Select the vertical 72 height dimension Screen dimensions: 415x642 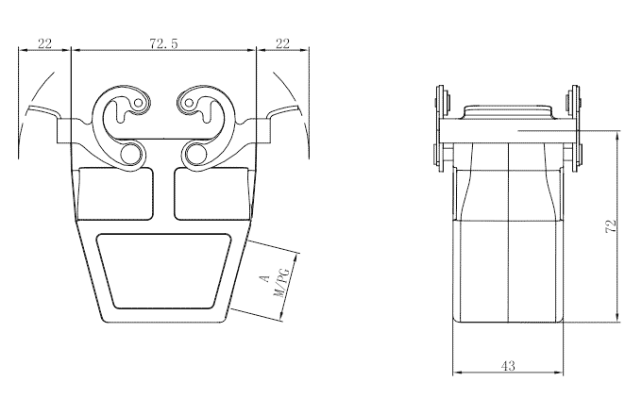[x=611, y=225]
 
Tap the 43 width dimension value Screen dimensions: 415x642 [x=508, y=366]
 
